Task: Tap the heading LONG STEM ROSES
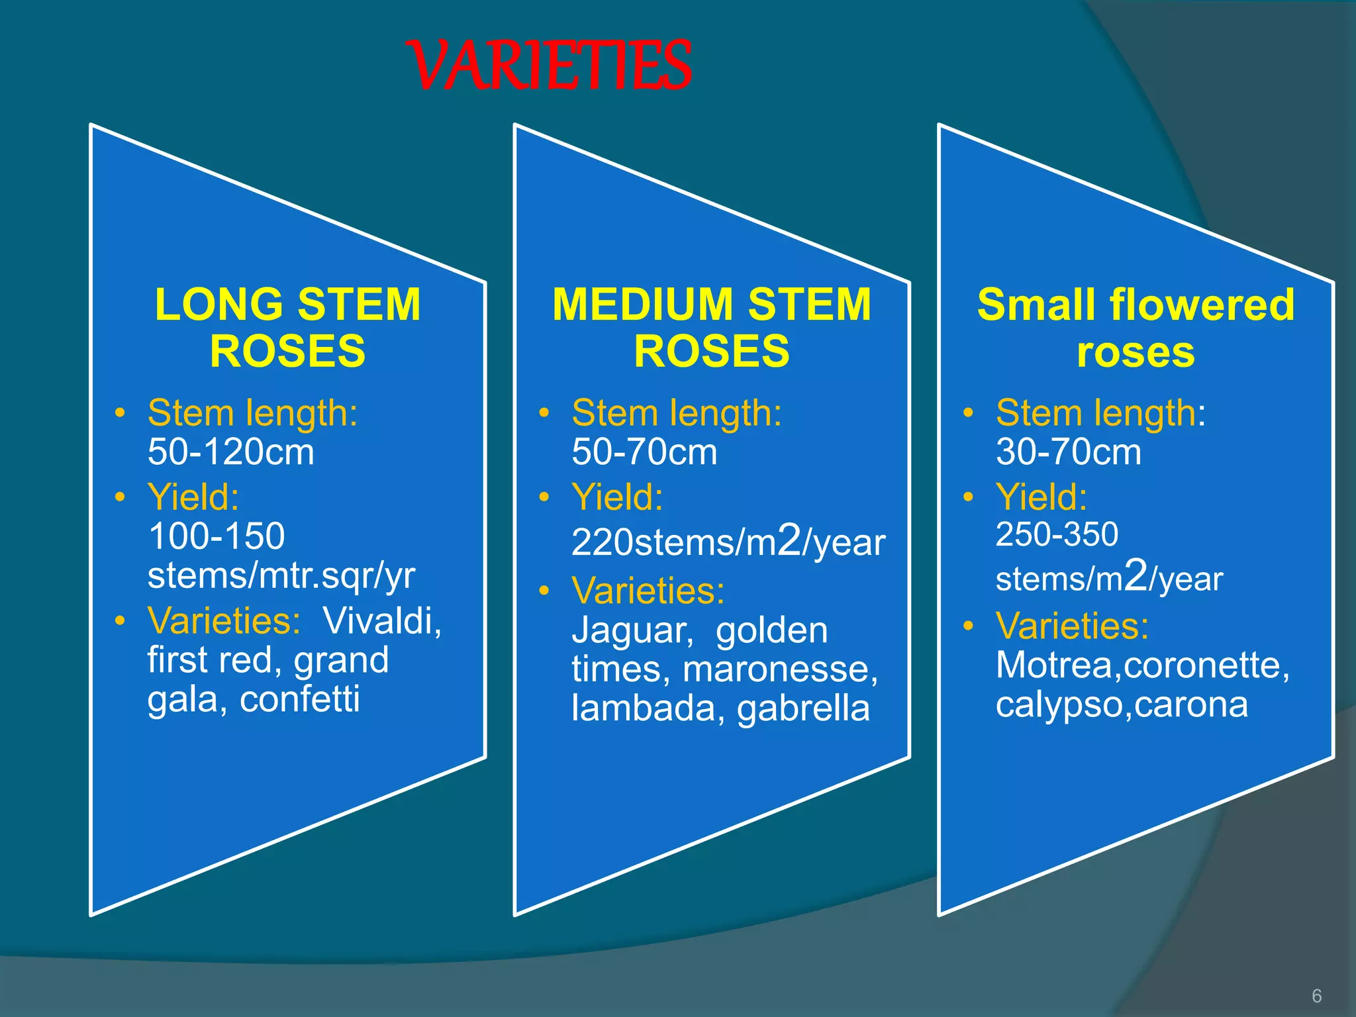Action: tap(288, 327)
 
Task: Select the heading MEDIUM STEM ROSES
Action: tap(712, 327)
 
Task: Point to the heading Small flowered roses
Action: tap(1136, 327)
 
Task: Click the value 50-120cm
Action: tap(231, 452)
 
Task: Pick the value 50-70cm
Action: tap(644, 452)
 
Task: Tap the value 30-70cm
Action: tap(1069, 452)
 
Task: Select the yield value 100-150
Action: tap(217, 536)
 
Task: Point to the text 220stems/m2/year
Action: tap(728, 541)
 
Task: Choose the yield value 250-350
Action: tap(1057, 534)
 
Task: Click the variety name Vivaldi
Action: tap(382, 621)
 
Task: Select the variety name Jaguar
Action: tap(632, 631)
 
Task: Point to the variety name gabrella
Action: tap(803, 708)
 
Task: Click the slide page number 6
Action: tap(1316, 996)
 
